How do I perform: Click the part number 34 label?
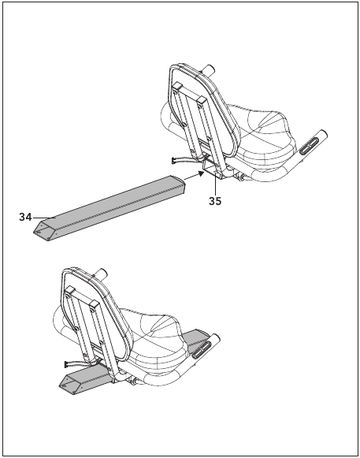[x=25, y=218]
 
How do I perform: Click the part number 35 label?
[x=215, y=201]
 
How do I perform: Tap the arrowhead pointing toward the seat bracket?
[x=200, y=173]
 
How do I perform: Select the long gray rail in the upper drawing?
[x=109, y=208]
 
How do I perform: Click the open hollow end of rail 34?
[x=44, y=231]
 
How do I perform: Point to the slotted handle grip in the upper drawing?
[x=310, y=145]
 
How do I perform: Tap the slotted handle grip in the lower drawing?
[x=202, y=349]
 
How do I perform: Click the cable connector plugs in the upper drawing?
[x=174, y=160]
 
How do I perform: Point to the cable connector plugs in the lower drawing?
[x=67, y=364]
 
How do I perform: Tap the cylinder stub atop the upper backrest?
[x=209, y=70]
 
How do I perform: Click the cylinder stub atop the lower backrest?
[x=102, y=274]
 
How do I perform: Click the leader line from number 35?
[x=215, y=184]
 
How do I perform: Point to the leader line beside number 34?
[x=44, y=218]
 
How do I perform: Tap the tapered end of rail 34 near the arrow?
[x=178, y=184]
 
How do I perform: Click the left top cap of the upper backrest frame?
[x=177, y=87]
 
